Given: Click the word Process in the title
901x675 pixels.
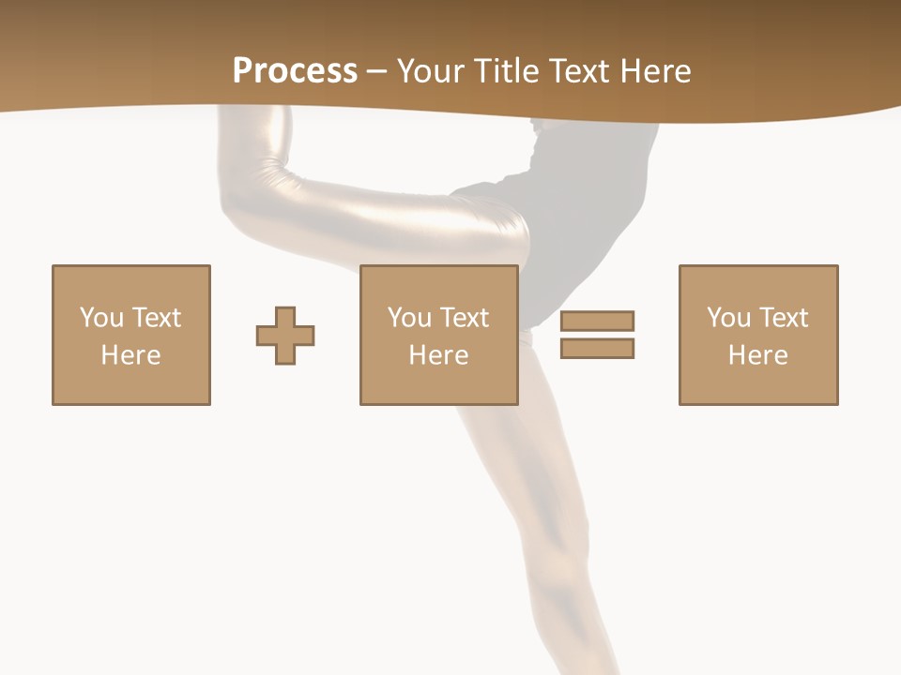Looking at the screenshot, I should pyautogui.click(x=295, y=71).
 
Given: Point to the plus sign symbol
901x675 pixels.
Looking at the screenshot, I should pyautogui.click(x=285, y=336).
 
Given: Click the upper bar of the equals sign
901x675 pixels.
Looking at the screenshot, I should pyautogui.click(x=597, y=321).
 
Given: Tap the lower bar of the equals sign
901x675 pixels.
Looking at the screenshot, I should pyautogui.click(x=597, y=348).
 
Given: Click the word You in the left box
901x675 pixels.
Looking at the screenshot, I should pyautogui.click(x=101, y=318).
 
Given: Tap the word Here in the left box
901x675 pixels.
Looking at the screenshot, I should pyautogui.click(x=131, y=355).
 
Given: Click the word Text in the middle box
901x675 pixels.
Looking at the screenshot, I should pyautogui.click(x=465, y=318).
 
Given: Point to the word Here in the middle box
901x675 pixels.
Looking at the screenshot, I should pyautogui.click(x=439, y=355).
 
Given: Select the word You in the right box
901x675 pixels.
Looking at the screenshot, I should pyautogui.click(x=728, y=318).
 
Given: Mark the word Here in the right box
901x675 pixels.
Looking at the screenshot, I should pyautogui.click(x=758, y=355).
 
